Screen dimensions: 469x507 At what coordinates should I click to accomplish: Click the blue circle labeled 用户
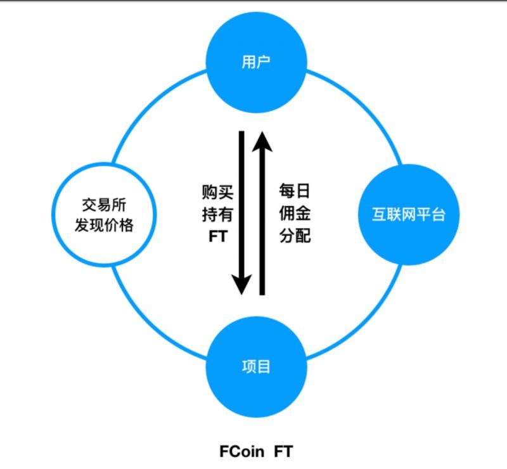(x=256, y=63)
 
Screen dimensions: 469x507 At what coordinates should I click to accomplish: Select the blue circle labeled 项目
(x=256, y=368)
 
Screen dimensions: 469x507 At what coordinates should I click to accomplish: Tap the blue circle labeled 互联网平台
(x=408, y=215)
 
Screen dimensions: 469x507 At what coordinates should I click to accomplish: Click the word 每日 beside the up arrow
(x=295, y=192)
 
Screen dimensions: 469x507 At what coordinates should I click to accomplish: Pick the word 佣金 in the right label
(x=295, y=214)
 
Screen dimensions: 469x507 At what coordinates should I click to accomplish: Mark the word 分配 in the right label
(x=295, y=236)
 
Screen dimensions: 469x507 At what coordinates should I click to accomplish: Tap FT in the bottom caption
(x=283, y=452)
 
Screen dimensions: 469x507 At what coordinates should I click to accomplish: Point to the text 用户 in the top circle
(x=256, y=63)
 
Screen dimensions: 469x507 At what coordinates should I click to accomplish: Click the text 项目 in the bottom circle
(x=256, y=368)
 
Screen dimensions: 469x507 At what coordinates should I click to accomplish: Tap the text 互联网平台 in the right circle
(x=408, y=215)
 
